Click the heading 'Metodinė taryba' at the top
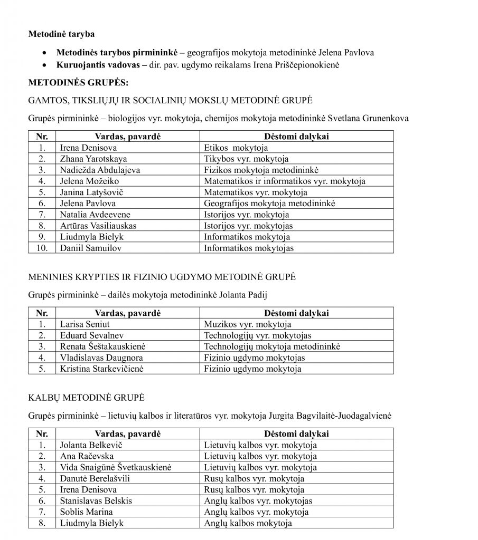coord(61,34)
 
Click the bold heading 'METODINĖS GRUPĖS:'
coord(76,82)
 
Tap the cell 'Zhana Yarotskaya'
coord(93,159)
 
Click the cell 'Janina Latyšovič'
coord(93,192)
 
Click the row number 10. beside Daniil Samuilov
coord(42,248)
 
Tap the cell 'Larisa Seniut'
coord(85,324)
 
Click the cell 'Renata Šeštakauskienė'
coord(102,346)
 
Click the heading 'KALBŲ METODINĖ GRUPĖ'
coord(86,397)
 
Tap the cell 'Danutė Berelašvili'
coord(95,479)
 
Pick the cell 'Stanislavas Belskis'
coord(96,501)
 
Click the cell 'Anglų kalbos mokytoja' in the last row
coord(248,523)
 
